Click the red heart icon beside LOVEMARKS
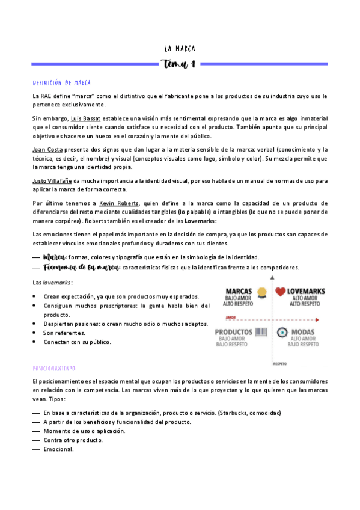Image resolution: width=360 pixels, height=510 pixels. click(x=280, y=293)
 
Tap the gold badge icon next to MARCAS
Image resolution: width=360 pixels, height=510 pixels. click(x=261, y=293)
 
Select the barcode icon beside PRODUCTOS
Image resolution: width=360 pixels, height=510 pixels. click(x=261, y=333)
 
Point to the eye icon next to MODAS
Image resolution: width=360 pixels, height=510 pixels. click(x=281, y=333)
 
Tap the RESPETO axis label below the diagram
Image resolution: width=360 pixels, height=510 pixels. click(x=280, y=364)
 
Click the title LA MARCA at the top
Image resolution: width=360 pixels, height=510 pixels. click(x=180, y=48)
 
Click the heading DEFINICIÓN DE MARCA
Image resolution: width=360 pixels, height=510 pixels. click(x=62, y=82)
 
